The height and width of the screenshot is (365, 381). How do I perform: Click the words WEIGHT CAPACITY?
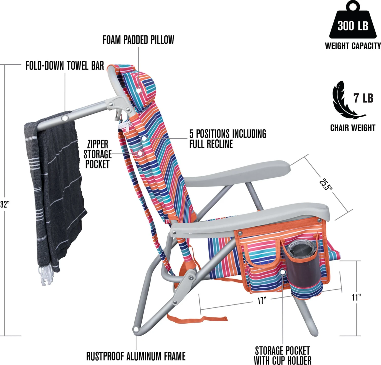coord(353,46)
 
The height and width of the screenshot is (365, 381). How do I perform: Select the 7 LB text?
coord(363,98)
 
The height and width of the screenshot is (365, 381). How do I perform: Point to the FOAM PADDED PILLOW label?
coord(138,40)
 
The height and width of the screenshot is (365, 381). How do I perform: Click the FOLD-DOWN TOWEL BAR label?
coord(65,66)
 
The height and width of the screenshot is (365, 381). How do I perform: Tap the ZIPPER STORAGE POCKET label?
coord(98,154)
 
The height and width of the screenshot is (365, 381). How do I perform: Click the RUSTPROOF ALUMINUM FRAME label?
coord(136,356)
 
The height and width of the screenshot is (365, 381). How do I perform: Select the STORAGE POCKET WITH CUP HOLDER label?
coord(282,355)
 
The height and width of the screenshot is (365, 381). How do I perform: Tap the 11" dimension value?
coord(356,297)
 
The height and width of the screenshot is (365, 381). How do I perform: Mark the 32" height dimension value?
coord(5,204)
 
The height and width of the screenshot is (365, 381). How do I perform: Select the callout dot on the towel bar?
coord(65,118)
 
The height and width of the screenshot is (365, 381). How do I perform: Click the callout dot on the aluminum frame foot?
coord(136,329)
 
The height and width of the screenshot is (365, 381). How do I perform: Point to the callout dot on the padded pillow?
coord(139,90)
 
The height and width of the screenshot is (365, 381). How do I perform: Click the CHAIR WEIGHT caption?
coord(353,128)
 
